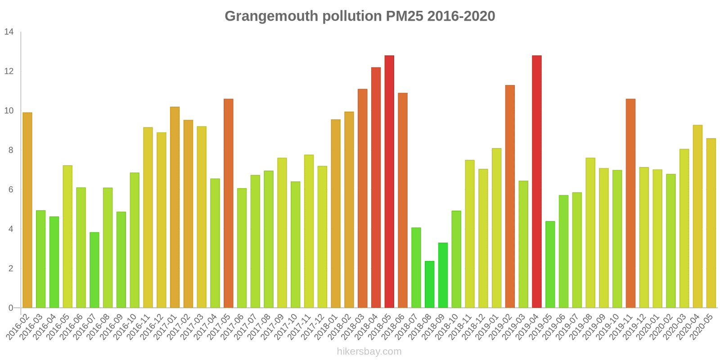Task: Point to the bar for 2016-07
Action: tap(94, 270)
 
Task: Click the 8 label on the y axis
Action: tap(11, 150)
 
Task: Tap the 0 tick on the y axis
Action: tap(11, 308)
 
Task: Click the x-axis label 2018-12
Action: tap(476, 326)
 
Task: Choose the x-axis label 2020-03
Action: tap(677, 326)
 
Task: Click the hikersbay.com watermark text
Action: tap(369, 351)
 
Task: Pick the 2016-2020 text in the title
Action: tap(461, 16)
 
